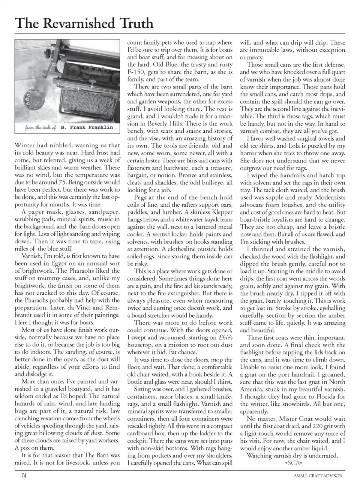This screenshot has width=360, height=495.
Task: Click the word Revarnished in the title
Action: click(81, 23)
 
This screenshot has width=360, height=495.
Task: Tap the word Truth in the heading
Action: click(136, 23)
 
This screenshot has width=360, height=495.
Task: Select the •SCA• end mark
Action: click(294, 463)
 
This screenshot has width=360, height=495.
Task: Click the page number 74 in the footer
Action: click(24, 475)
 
